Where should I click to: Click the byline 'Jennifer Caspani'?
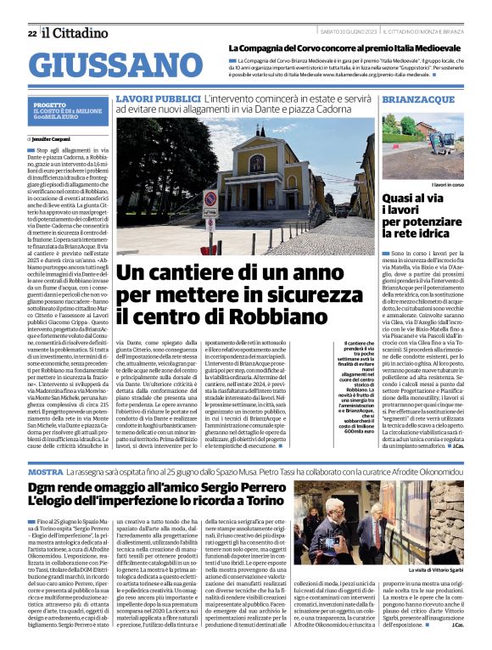click(x=52, y=137)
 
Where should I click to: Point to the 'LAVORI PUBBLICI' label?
click(x=152, y=99)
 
